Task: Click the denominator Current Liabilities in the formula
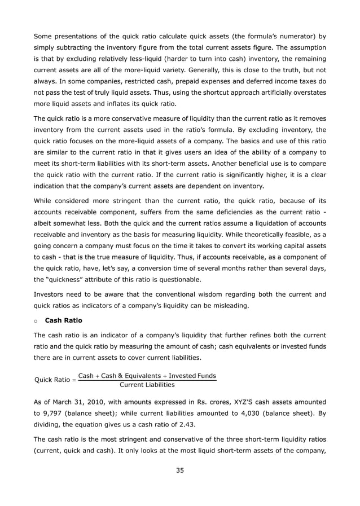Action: (147, 385)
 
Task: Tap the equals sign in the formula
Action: (73, 380)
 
